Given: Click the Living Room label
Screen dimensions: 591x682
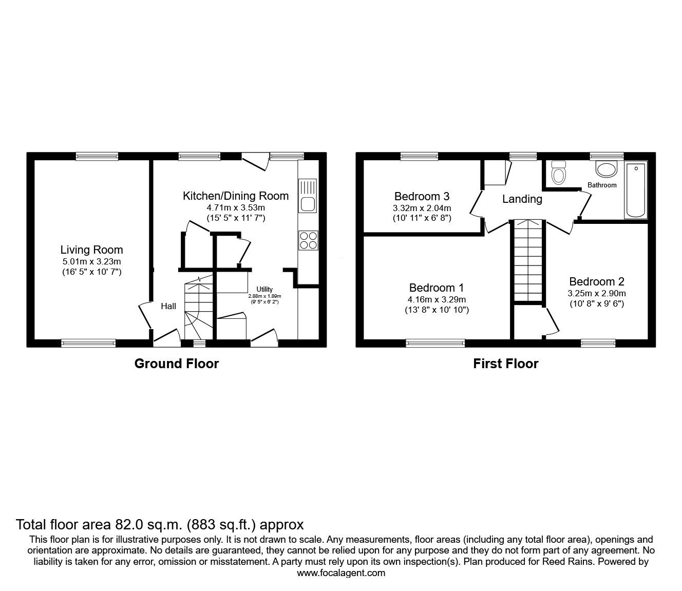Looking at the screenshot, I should click(x=91, y=250).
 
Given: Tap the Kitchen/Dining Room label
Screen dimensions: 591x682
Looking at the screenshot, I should click(x=236, y=196).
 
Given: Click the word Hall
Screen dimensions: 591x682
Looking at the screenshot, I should click(x=168, y=307).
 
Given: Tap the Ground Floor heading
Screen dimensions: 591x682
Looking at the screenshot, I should click(x=176, y=364).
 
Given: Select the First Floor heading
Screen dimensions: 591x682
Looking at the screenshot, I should click(x=505, y=364).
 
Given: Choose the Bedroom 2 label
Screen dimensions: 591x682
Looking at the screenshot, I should click(x=596, y=281).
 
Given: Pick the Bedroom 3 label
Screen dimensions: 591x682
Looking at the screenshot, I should click(x=422, y=196).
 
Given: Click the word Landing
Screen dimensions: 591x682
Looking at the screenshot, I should click(x=522, y=199).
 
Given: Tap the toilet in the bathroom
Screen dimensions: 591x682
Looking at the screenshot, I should click(x=557, y=172).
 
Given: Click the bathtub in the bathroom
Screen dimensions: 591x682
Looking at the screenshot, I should click(x=636, y=190).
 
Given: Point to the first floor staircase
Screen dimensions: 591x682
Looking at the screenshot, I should click(x=527, y=259).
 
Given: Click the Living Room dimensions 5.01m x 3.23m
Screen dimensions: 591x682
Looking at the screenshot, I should click(x=91, y=262).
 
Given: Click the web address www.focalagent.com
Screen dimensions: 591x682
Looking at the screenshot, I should click(x=341, y=573).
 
